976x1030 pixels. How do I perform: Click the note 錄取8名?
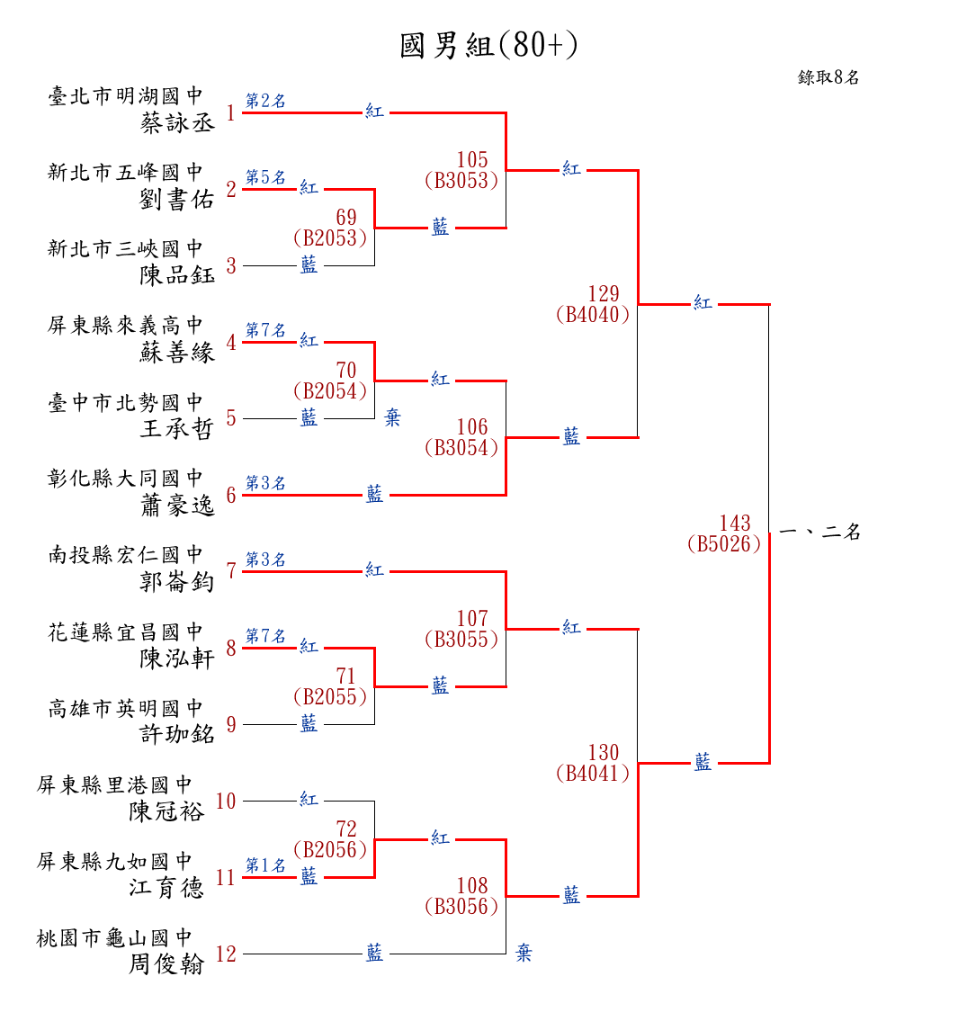point(828,77)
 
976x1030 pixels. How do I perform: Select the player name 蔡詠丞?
point(178,123)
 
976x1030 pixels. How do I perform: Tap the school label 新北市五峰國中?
point(126,172)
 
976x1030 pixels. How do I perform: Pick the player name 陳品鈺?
point(178,275)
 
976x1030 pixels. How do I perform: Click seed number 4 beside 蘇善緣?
point(231,343)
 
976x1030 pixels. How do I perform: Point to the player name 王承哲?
point(178,428)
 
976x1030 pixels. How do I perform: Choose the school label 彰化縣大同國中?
point(126,478)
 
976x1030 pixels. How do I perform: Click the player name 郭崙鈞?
point(178,582)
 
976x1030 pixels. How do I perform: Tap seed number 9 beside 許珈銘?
point(231,725)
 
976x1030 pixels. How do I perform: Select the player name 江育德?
point(167,888)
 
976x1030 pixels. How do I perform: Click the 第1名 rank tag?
point(265,865)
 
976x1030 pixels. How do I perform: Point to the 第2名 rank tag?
point(265,102)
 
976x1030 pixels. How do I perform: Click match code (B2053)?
point(330,238)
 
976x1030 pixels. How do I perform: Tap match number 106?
point(472,427)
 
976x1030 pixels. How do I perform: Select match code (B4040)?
point(593,315)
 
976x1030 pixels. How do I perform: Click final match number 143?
point(734,524)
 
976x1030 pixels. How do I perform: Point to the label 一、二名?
point(819,533)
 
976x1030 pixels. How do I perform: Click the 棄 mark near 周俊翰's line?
point(524,954)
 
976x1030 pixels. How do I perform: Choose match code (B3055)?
point(461,640)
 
